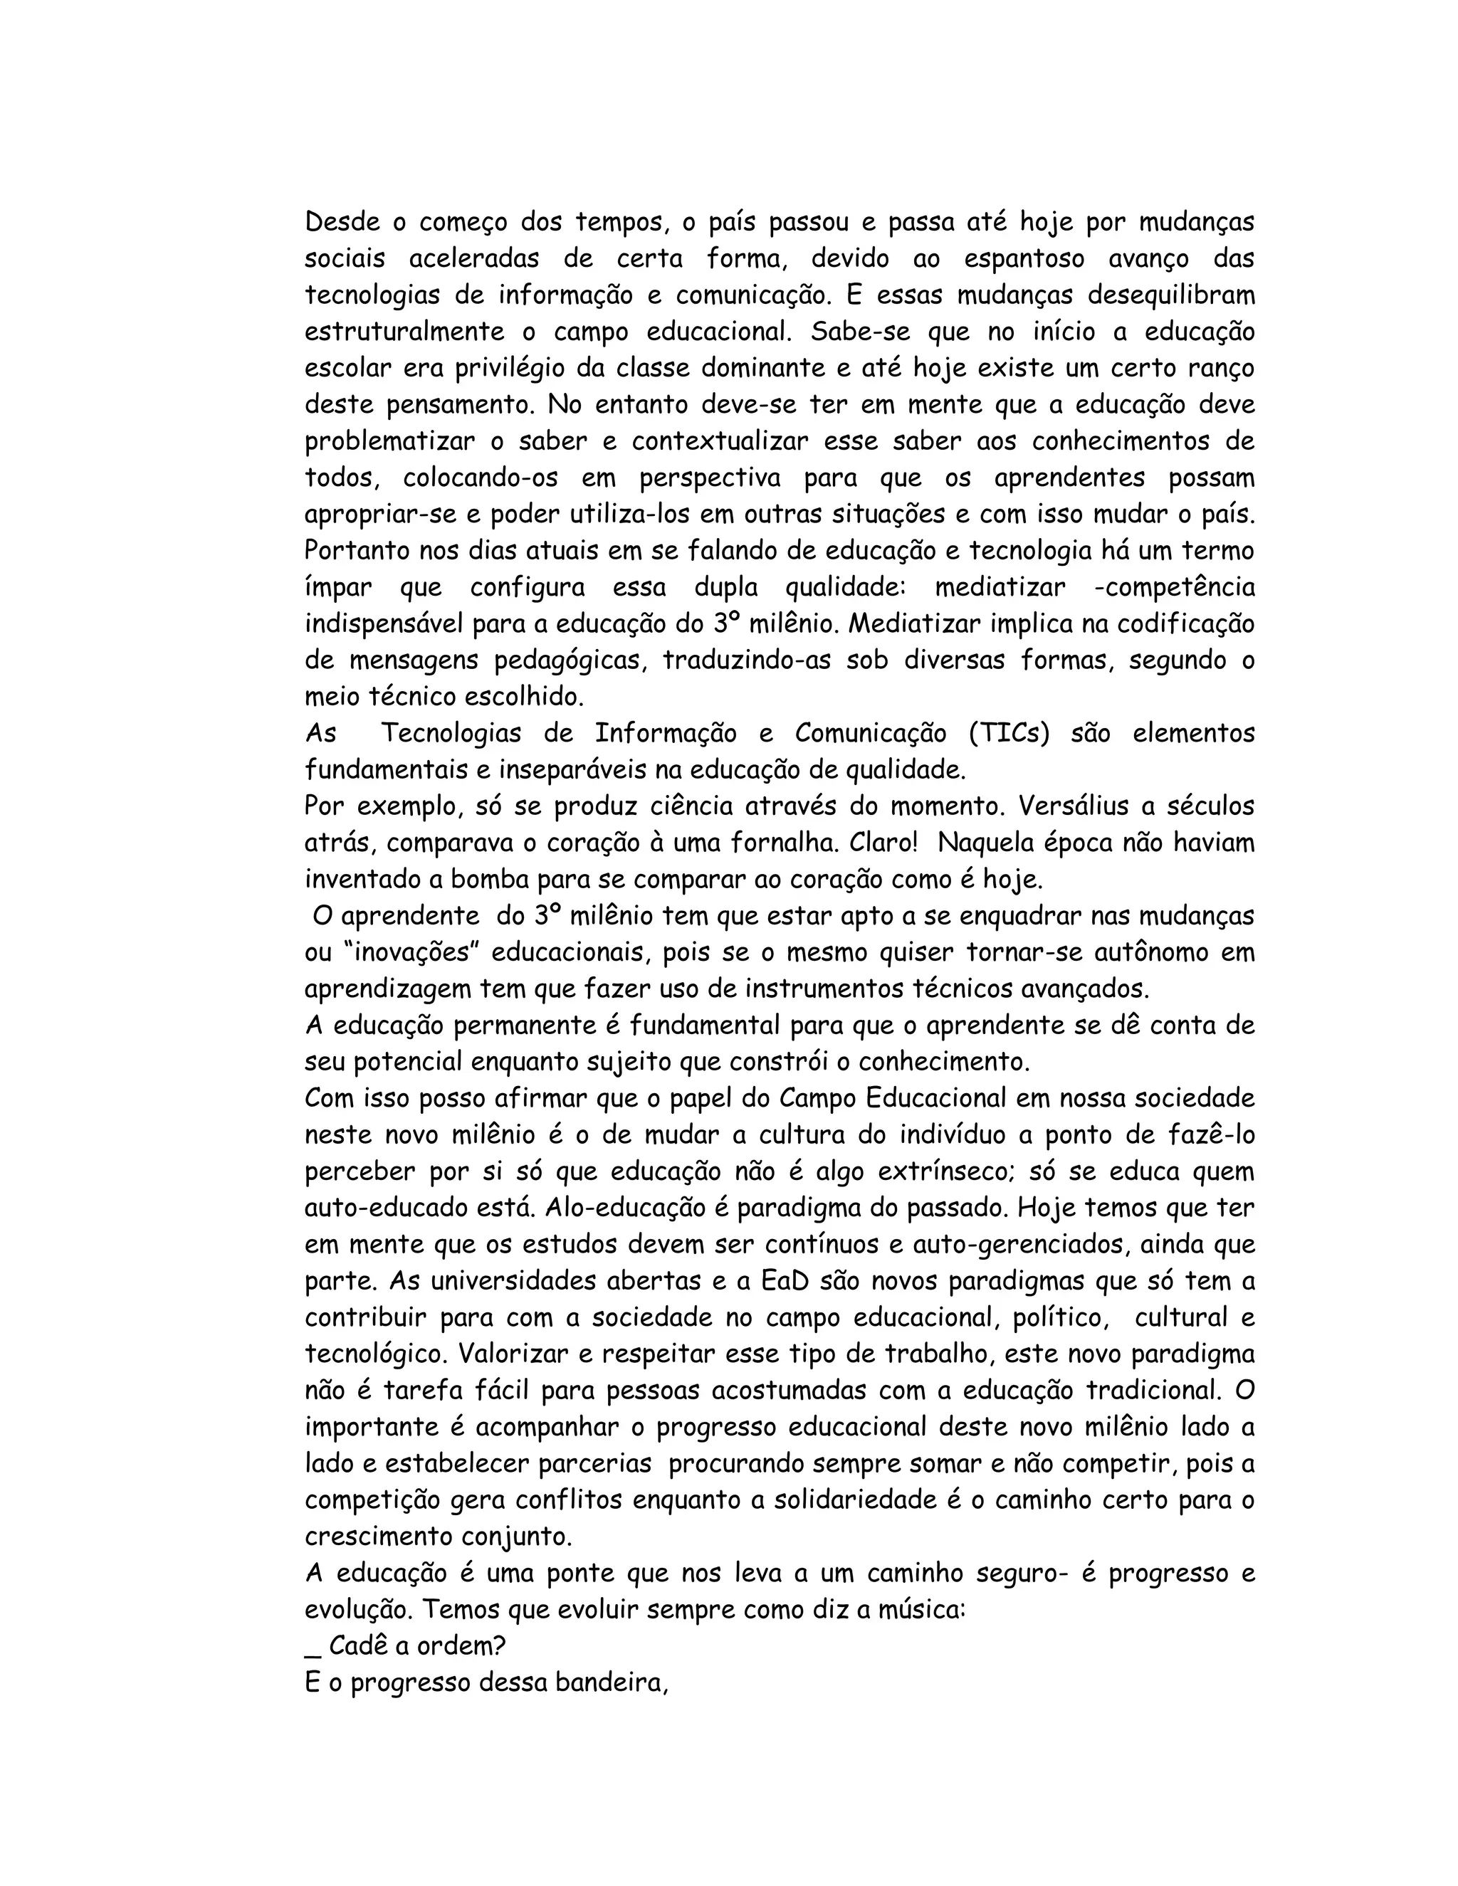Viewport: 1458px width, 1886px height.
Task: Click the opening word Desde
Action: tap(343, 222)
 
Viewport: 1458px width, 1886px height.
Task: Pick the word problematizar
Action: tap(389, 441)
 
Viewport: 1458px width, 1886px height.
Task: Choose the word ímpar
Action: tap(339, 588)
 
